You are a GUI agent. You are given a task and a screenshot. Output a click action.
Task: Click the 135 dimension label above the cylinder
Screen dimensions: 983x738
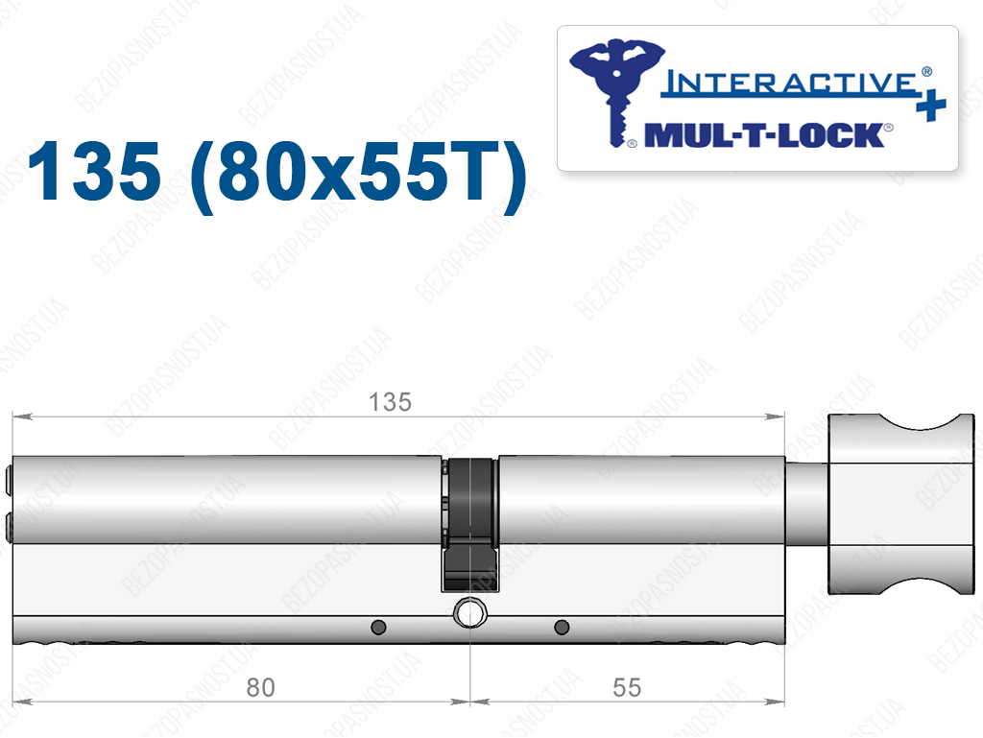coord(390,402)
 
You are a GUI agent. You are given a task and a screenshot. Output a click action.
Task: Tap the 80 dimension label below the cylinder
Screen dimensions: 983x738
coord(260,688)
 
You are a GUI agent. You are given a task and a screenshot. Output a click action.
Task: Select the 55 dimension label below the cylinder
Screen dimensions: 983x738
coord(626,688)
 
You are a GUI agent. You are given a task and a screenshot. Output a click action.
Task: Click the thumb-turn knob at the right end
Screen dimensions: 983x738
coord(900,505)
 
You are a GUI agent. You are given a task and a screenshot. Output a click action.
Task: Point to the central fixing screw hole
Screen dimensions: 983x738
coord(469,613)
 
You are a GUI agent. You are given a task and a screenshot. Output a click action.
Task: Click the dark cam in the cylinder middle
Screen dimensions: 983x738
coord(470,525)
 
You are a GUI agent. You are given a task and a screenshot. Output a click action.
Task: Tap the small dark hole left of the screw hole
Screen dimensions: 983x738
coord(378,627)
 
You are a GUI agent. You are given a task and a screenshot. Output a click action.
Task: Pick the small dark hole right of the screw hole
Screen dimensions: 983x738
coord(562,627)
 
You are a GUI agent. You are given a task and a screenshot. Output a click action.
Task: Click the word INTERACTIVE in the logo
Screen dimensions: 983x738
coord(790,83)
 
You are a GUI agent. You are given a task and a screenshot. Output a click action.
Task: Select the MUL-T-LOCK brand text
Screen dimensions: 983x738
coord(764,135)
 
